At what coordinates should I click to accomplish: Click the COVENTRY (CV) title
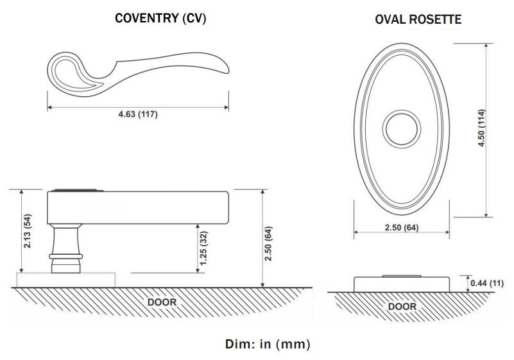[160, 19]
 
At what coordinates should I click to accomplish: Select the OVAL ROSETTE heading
[418, 20]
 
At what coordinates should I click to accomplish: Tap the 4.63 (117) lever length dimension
[138, 115]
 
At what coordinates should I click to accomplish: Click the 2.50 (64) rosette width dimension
[401, 228]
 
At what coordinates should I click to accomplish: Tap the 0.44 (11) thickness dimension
[486, 283]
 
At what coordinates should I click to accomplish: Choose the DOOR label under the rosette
[402, 306]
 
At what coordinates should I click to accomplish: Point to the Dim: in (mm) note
[268, 344]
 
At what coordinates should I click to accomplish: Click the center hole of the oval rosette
[401, 127]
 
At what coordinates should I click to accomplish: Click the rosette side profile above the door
[401, 284]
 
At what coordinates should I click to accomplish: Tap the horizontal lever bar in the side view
[148, 206]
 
